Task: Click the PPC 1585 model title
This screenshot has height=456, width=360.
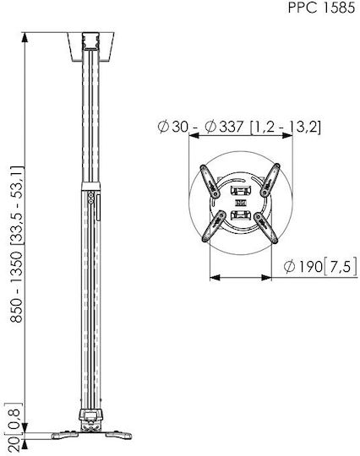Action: [x=321, y=8]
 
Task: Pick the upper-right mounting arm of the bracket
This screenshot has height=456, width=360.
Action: [x=270, y=180]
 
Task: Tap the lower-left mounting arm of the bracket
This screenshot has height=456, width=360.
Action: [x=214, y=226]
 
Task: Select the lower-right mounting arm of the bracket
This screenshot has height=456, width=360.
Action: [x=266, y=228]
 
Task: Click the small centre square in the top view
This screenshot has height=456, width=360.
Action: [x=240, y=203]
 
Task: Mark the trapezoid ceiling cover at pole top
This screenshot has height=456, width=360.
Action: [x=90, y=46]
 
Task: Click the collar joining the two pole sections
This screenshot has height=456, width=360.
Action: [x=90, y=186]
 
